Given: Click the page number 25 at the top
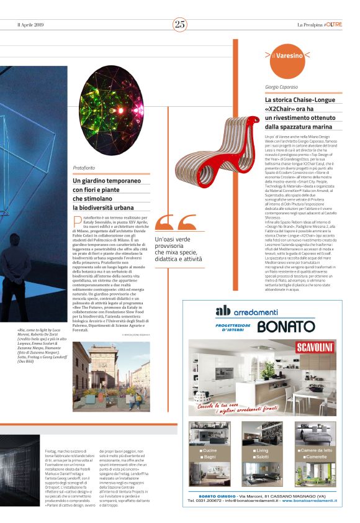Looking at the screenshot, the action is coord(180,24).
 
